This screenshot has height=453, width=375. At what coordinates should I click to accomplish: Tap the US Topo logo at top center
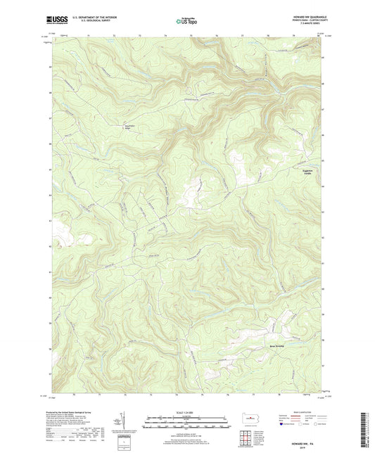tap(187, 21)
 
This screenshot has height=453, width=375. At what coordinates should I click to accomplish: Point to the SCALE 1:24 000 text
tap(187, 412)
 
